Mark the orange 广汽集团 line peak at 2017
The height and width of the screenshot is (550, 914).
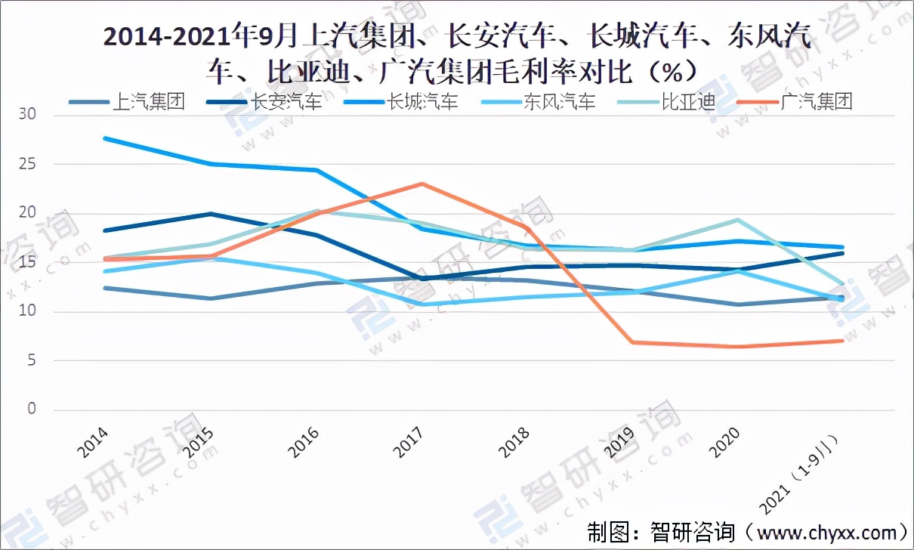coord(421,184)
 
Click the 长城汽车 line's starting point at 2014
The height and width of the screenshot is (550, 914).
coord(106,138)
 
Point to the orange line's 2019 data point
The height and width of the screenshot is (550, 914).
coord(632,342)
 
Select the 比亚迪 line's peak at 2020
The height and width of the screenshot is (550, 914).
coord(737,220)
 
